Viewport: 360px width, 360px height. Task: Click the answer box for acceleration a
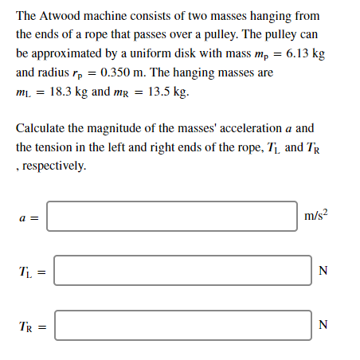(x=171, y=216)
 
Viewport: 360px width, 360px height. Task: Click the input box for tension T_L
(x=182, y=270)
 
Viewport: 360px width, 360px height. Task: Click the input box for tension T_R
(x=182, y=324)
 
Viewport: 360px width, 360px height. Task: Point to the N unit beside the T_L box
(x=323, y=270)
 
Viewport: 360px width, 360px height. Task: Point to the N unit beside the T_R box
(x=323, y=324)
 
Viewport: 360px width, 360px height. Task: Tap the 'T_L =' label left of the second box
(x=30, y=271)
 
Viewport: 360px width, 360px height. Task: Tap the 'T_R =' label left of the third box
(x=30, y=325)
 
